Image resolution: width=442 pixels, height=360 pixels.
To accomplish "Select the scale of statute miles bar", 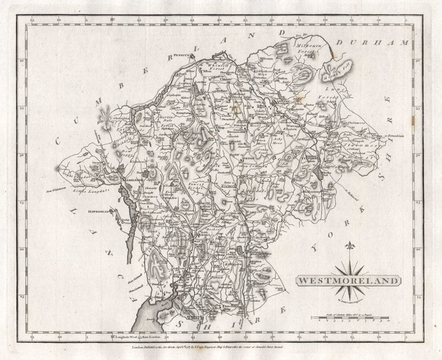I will click(x=350, y=317).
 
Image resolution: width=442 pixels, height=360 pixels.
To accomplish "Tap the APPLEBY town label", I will click(x=279, y=101).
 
